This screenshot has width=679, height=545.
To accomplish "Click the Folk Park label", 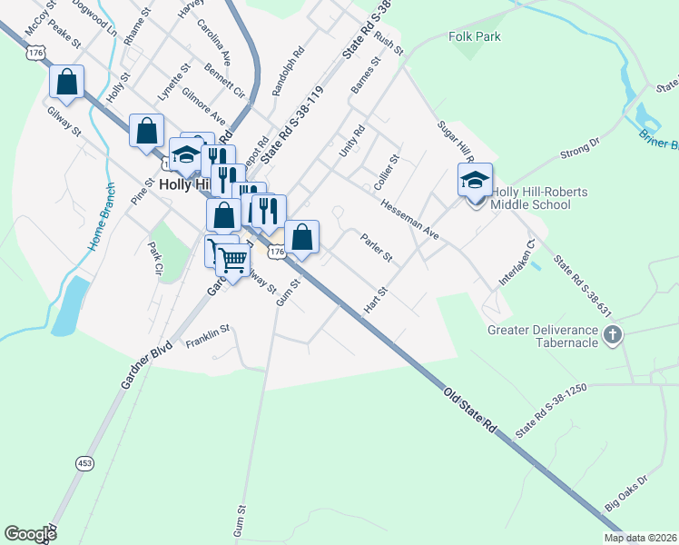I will (475, 37).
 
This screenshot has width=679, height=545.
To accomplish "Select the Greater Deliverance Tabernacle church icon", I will (613, 335).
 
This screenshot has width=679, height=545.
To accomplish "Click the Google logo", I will (30, 534).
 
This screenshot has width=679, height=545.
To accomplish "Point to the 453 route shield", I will (84, 463).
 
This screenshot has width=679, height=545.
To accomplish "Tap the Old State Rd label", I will (472, 409).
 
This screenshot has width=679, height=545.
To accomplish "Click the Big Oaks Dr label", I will (626, 493).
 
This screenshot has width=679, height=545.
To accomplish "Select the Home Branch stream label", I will (101, 219).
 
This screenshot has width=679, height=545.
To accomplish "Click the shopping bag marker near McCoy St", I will (67, 83).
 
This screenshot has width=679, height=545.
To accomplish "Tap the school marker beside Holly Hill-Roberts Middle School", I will (474, 181).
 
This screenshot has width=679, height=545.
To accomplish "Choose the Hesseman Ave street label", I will (409, 220).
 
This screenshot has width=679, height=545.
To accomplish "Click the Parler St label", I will (376, 250).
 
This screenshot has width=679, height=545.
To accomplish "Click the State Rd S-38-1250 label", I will (552, 411).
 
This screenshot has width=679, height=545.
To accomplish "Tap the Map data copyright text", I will (640, 538).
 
